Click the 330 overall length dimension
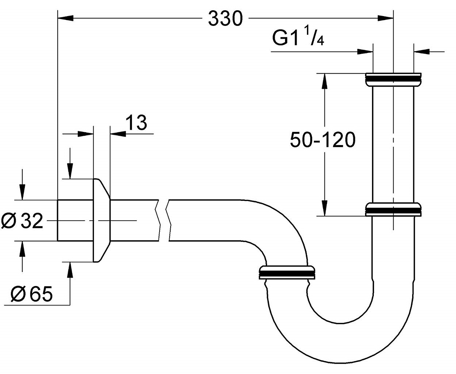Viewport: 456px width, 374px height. click(x=225, y=18)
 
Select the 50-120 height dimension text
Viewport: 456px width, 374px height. click(x=322, y=140)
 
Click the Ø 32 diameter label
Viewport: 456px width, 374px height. click(x=22, y=221)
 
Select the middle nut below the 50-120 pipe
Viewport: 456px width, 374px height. click(x=394, y=210)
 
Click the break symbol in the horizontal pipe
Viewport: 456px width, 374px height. click(x=163, y=221)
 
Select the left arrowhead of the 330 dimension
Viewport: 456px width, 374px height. click(x=66, y=17)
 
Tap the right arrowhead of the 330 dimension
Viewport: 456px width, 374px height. click(x=385, y=17)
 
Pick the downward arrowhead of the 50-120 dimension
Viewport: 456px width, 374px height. click(x=323, y=208)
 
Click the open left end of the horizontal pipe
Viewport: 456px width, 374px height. click(x=58, y=221)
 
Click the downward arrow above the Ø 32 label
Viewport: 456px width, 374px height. click(x=22, y=191)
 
